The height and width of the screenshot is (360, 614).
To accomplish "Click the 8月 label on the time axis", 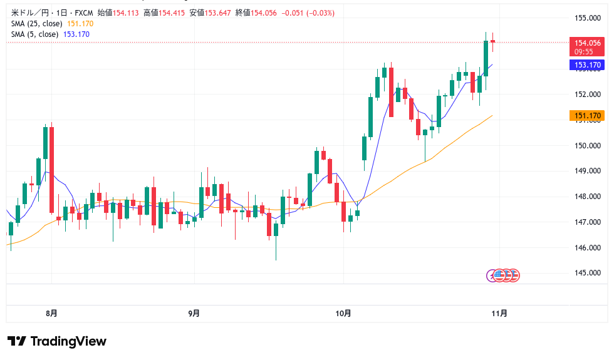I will coord(52,313).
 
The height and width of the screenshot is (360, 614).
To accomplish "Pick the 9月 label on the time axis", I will coord(194,313).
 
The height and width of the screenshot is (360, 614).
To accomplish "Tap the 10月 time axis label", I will coord(343,313).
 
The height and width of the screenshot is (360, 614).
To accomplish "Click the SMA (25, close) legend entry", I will coord(36,24).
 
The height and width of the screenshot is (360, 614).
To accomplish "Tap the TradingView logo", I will coord(57,341).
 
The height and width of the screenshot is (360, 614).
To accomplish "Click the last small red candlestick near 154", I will coord(493,41).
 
